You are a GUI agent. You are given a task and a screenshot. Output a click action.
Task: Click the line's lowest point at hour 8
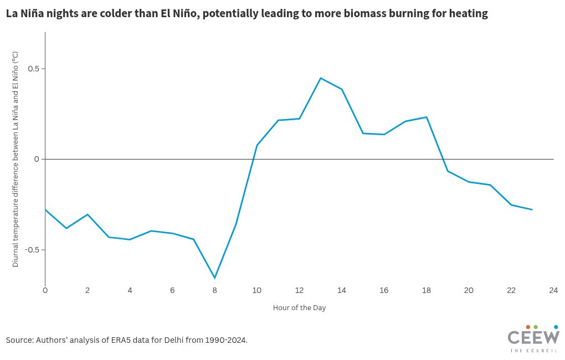[214, 278]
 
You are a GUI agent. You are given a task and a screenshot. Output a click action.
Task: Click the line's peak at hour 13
[320, 78]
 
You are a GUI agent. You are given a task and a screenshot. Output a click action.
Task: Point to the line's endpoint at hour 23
[532, 210]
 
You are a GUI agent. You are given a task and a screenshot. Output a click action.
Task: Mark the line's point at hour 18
[426, 117]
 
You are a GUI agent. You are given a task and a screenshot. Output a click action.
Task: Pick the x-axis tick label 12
[299, 290]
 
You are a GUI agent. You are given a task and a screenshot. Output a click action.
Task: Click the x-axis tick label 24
[553, 290]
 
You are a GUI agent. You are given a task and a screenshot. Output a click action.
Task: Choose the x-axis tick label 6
[172, 290]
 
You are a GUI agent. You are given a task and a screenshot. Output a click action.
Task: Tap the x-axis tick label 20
[469, 290]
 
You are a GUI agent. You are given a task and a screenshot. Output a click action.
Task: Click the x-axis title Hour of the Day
[299, 308]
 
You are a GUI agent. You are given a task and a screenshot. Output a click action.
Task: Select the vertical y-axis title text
[16, 159]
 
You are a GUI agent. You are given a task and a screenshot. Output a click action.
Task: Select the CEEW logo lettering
[533, 338]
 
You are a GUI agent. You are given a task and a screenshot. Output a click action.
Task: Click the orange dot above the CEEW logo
[528, 327]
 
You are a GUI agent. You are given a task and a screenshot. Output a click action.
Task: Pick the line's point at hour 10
[257, 145]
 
